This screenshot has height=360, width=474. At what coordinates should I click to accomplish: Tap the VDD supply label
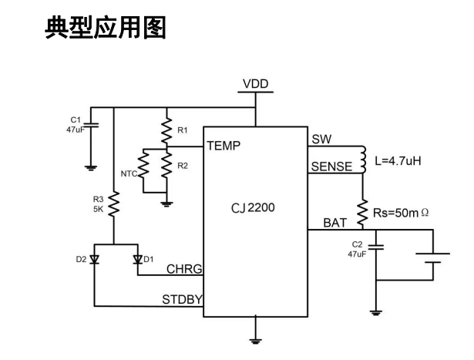tap(256, 83)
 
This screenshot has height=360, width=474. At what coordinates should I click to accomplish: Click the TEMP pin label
tap(224, 144)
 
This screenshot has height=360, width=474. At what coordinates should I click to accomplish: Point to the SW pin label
tap(321, 140)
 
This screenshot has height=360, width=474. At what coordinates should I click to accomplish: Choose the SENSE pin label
tap(331, 167)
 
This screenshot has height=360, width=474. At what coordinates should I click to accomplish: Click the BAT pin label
tap(334, 222)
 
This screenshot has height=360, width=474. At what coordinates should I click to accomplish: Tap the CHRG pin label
tap(184, 270)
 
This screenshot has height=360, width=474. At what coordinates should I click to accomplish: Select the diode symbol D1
tap(137, 259)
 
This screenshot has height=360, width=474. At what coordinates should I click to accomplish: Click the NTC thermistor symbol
tap(142, 164)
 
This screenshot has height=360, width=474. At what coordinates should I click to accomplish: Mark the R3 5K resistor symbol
tap(113, 205)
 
